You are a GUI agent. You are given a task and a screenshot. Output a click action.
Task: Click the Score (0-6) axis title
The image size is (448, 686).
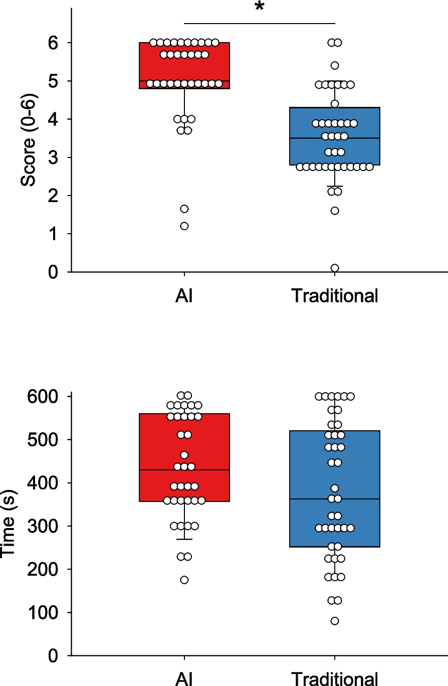point(29,149)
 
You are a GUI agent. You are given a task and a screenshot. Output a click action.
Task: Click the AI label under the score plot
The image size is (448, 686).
point(184,296)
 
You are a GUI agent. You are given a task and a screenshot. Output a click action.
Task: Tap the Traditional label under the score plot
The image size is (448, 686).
point(335,296)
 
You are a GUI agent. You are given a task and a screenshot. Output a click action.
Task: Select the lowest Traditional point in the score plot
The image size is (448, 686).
point(335,268)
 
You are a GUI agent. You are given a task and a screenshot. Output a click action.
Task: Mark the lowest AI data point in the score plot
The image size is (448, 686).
point(184,226)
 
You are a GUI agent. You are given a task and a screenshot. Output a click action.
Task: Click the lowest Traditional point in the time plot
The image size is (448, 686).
point(335,621)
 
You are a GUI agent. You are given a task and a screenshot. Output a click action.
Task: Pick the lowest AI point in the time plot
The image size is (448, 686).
point(184,580)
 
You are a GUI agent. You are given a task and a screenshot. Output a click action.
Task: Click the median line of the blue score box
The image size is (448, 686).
point(361,138)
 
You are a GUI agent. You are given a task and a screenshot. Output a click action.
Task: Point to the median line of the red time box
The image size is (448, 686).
point(210,470)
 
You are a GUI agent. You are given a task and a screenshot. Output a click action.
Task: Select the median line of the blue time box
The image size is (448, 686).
point(361,499)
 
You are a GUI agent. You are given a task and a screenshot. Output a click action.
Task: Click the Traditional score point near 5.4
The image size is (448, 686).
point(335,66)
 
